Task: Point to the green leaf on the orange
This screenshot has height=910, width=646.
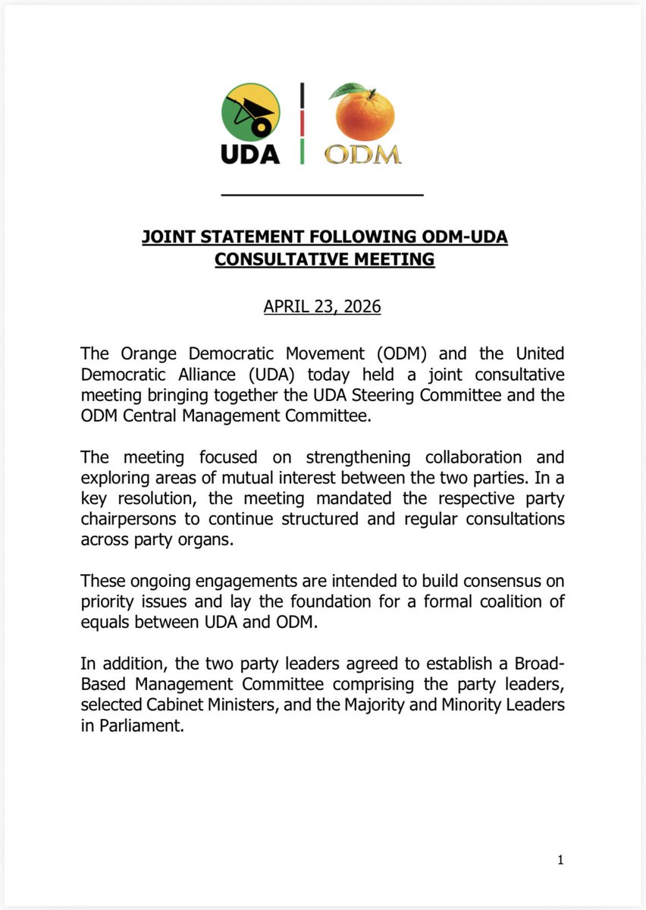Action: [348, 90]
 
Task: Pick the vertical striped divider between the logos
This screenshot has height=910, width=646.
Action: [303, 124]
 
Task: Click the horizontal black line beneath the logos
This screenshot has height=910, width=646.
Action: [321, 196]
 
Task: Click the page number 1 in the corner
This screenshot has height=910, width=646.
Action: [561, 859]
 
